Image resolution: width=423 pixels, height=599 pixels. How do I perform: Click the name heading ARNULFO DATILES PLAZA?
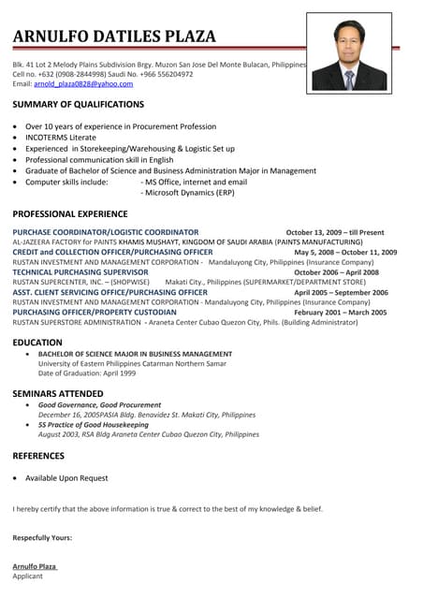pyautogui.click(x=114, y=37)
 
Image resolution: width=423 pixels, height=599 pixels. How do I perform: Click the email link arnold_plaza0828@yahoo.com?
pyautogui.click(x=83, y=83)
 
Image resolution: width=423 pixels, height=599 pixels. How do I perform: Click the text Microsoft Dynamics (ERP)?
pyautogui.click(x=187, y=192)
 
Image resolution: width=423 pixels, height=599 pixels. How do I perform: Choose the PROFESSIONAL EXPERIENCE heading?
pyautogui.click(x=70, y=213)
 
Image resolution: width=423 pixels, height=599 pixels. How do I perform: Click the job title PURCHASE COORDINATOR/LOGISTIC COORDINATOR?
pyautogui.click(x=106, y=231)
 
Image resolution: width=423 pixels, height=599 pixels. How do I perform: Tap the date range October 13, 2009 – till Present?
pyautogui.click(x=334, y=232)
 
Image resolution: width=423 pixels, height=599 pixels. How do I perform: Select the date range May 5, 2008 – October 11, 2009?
pyautogui.click(x=345, y=252)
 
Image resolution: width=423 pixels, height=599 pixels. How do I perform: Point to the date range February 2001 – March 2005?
pyautogui.click(x=341, y=312)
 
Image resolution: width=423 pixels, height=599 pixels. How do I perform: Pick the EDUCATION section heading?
pyautogui.click(x=37, y=343)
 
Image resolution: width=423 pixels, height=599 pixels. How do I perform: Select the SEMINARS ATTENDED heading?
pyautogui.click(x=58, y=393)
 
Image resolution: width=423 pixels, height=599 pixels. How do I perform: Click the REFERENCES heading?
pyautogui.click(x=38, y=456)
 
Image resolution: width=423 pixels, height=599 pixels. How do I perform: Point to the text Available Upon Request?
pyautogui.click(x=66, y=478)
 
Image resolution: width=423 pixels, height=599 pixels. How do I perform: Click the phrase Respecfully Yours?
pyautogui.click(x=42, y=537)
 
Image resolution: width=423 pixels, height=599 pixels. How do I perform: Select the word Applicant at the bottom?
pyautogui.click(x=28, y=577)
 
